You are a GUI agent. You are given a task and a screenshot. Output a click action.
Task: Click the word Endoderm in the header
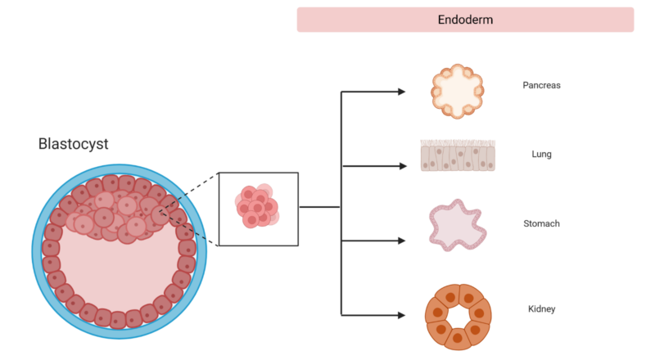click(465, 20)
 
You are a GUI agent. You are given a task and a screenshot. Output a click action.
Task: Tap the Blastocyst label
click(73, 144)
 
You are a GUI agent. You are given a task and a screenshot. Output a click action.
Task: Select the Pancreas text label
click(541, 85)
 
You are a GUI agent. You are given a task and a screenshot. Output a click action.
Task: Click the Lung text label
click(541, 154)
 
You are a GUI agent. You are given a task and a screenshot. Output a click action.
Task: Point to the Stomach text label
click(541, 223)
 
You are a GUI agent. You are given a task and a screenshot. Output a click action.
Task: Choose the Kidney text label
click(541, 308)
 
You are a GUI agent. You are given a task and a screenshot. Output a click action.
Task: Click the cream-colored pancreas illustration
click(458, 91)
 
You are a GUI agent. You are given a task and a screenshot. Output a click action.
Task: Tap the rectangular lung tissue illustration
click(458, 155)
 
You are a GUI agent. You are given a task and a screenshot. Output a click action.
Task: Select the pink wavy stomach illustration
click(458, 225)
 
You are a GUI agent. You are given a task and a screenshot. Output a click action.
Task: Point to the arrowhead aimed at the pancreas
click(402, 92)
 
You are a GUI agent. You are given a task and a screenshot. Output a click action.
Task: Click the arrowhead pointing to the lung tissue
click(402, 166)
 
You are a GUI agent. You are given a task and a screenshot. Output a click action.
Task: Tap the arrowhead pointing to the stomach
click(402, 241)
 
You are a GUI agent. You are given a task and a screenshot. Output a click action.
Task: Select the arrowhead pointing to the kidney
click(402, 314)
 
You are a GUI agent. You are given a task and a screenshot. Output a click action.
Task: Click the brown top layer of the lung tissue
click(458, 143)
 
